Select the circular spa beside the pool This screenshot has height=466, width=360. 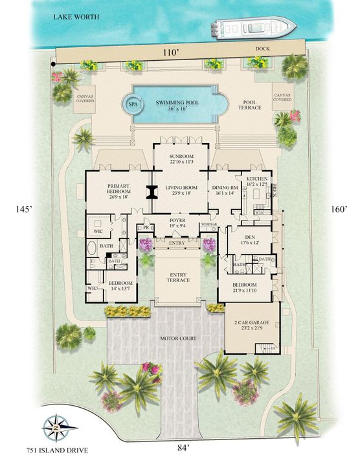(x=133, y=104)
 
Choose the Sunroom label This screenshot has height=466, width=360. (x=181, y=159)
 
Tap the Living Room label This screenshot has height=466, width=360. (x=181, y=189)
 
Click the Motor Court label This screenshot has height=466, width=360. (x=179, y=337)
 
